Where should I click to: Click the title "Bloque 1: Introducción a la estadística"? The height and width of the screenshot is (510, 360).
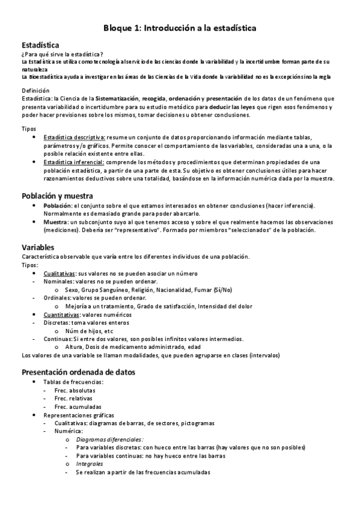180,28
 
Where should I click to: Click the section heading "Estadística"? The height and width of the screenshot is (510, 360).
40,45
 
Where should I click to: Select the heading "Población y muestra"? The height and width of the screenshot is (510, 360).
57,196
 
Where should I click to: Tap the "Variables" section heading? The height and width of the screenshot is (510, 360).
37,247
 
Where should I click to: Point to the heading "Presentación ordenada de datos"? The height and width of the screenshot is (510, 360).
78,372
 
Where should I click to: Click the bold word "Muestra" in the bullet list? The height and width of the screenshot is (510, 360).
55,222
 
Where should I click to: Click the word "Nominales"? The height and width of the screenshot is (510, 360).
59,281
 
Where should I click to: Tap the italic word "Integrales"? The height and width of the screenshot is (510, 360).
89,464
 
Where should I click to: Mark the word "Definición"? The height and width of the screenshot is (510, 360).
35,90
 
